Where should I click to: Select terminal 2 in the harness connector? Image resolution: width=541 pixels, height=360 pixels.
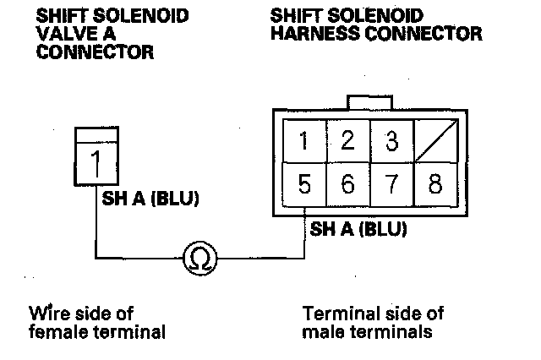347,141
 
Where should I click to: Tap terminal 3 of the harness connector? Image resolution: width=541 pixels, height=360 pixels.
391,141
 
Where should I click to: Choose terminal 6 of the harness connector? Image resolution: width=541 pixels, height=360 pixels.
347,183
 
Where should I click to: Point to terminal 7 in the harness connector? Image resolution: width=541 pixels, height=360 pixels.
391,183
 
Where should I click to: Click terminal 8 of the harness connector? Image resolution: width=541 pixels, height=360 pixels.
434,183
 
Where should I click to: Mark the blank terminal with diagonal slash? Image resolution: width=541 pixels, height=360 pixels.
434,141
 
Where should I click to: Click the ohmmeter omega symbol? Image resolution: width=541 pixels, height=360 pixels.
199,256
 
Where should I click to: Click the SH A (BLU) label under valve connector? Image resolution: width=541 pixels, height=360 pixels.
149,199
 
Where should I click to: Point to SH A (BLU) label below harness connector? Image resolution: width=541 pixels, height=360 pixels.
358,228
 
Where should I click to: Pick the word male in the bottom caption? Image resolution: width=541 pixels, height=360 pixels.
321,330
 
